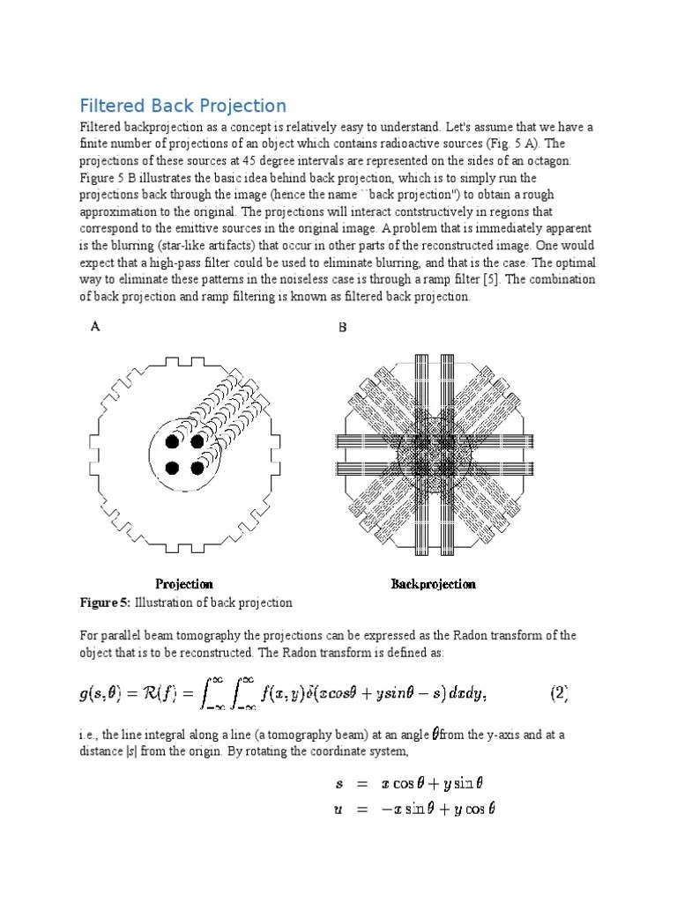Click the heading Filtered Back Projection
point(182,106)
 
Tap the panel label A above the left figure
point(95,327)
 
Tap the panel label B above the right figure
point(343,328)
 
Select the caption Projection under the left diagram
point(184,583)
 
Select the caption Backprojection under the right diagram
point(433,583)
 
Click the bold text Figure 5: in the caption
point(105,603)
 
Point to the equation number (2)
point(560,693)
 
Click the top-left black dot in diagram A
point(173,440)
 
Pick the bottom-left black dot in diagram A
point(173,467)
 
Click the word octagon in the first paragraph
point(548,161)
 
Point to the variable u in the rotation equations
point(338,809)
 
